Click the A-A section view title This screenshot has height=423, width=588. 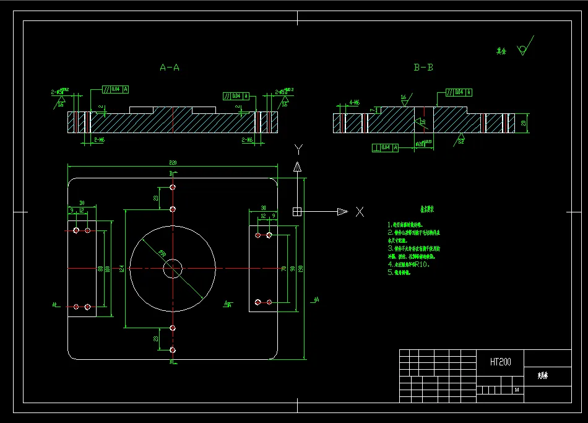(169, 68)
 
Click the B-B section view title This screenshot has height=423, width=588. (423, 68)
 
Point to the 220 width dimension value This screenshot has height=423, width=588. (173, 162)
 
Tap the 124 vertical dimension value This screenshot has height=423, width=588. (122, 268)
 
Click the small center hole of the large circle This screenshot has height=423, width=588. (173, 268)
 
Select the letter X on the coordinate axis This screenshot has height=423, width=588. (360, 212)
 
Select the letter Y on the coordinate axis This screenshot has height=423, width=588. (298, 149)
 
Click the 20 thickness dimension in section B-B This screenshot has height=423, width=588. (523, 123)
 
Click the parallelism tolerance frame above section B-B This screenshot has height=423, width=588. (459, 92)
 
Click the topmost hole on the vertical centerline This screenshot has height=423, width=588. (173, 187)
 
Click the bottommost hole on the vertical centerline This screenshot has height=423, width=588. (173, 351)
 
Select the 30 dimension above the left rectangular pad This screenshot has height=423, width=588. (82, 203)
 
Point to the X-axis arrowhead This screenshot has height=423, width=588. (342, 212)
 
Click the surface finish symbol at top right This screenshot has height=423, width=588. (525, 48)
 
